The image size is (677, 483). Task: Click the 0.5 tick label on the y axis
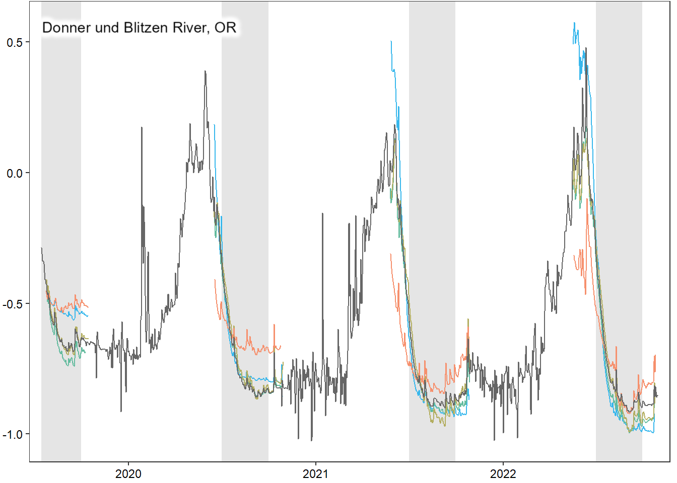[15, 42]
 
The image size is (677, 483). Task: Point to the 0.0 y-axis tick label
[15, 173]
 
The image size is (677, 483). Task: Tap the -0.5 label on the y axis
[13, 304]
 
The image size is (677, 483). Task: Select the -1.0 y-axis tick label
[13, 434]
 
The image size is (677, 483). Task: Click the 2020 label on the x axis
[128, 473]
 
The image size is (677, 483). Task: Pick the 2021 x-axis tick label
[316, 473]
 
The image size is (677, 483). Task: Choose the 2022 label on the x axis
[503, 473]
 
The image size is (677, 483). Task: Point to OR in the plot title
[225, 27]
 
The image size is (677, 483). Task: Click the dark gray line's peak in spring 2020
[205, 72]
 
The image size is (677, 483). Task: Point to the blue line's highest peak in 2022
[574, 23]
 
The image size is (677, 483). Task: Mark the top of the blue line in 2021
[391, 42]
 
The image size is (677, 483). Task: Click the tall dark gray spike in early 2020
[142, 128]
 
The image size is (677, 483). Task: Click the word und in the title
[106, 27]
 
